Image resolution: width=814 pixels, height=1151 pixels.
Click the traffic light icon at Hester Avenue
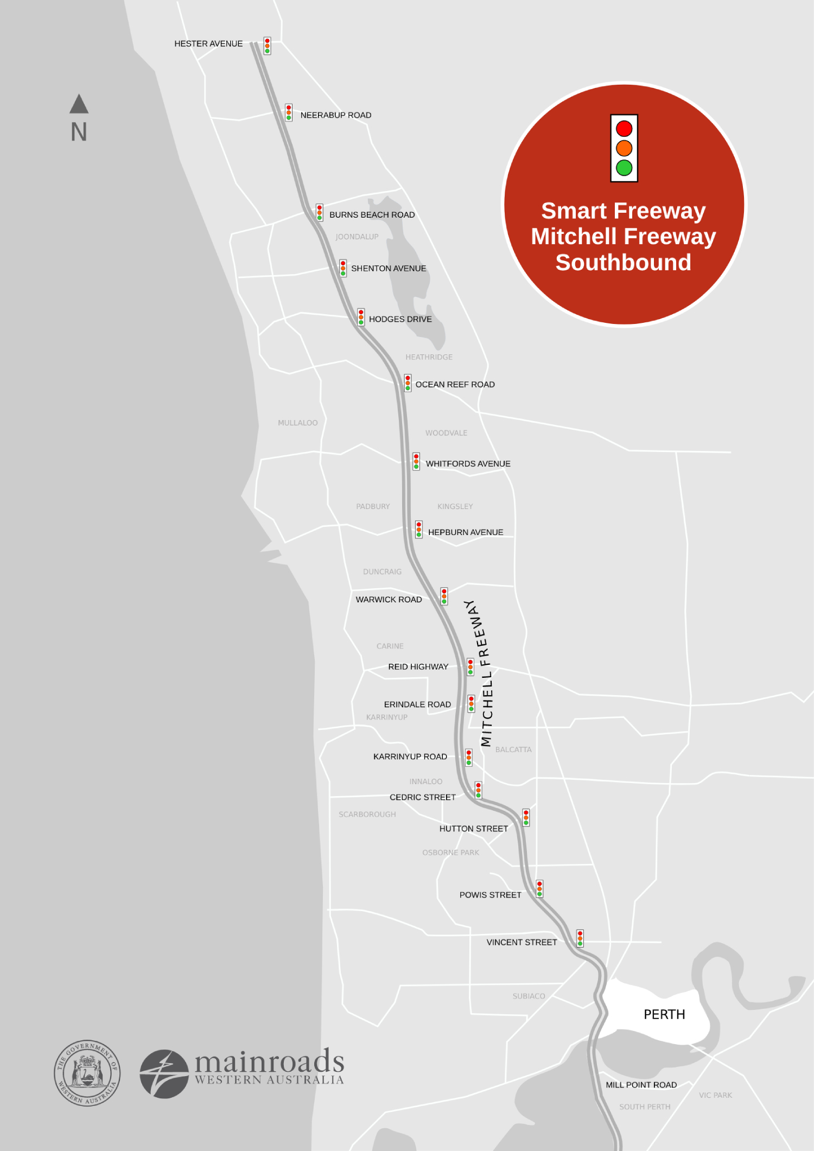[267, 46]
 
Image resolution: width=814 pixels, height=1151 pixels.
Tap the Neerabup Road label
[335, 115]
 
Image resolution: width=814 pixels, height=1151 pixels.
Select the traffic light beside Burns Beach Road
[320, 212]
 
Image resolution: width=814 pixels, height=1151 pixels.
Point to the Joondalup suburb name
[357, 237]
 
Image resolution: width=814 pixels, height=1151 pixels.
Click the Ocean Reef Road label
[455, 384]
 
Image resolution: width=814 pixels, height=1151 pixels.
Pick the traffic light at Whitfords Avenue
[416, 461]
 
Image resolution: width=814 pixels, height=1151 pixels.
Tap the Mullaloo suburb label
[297, 423]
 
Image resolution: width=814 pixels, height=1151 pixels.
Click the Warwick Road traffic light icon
[444, 596]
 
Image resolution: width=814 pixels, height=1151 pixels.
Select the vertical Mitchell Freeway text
[480, 673]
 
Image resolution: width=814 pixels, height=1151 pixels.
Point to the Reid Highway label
[418, 666]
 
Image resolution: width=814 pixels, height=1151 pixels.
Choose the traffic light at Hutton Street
[526, 817]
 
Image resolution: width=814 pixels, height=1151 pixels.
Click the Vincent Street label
[522, 942]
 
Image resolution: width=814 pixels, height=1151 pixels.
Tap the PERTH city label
[664, 1014]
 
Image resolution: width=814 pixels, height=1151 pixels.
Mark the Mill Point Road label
[641, 1085]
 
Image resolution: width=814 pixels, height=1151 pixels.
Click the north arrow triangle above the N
[79, 104]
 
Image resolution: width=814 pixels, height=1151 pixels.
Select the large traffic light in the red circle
[624, 148]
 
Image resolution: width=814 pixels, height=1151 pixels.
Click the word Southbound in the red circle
[623, 263]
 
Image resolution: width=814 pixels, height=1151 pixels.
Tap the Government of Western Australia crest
[87, 1073]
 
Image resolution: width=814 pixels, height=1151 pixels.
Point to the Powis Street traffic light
[539, 889]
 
